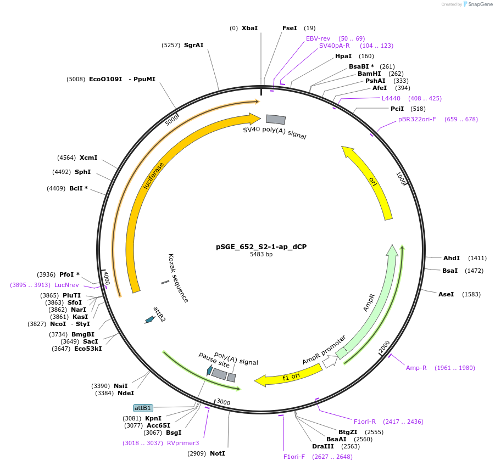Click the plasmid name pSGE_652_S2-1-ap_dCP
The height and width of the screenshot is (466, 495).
pos(261,247)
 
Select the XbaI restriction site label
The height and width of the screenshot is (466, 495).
pos(249,28)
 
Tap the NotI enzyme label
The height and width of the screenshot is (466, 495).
pos(217,453)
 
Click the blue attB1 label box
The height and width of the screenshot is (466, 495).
pos(143,408)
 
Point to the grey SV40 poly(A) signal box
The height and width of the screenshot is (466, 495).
pos(276,119)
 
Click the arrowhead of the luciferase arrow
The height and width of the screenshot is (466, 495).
pos(254,119)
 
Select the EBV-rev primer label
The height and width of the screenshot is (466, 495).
pos(318,38)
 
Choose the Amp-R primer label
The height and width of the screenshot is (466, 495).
pos(416,368)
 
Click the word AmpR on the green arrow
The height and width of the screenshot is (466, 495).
pos(369,302)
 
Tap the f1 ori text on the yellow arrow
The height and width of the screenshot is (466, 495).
pos(291,377)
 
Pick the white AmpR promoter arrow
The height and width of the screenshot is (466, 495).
pos(330,362)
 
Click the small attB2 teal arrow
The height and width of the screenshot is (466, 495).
pos(148,319)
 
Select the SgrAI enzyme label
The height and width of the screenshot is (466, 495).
pos(193,45)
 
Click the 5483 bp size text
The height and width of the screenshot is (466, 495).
pos(261,255)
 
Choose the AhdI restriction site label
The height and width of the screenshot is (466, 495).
pos(452,258)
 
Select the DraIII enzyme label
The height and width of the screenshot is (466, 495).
pos(322,446)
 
